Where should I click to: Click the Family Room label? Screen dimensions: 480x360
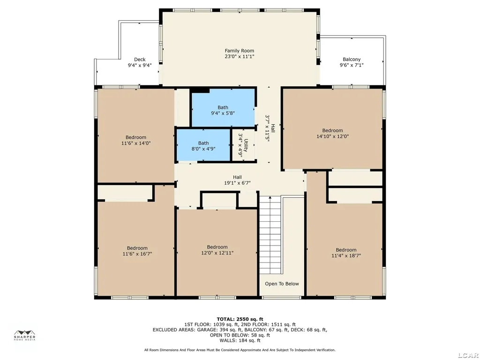click(x=240, y=51)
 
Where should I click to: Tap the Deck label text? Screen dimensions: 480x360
click(x=140, y=60)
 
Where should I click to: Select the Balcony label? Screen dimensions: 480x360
click(x=352, y=60)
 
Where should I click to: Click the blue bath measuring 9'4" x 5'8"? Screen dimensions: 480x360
click(x=223, y=107)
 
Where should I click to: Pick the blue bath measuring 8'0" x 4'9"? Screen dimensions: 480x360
click(x=203, y=145)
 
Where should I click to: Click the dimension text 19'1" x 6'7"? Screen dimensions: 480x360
click(x=237, y=183)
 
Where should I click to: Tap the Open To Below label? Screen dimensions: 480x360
click(x=282, y=284)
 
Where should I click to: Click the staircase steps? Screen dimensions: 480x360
click(x=270, y=235)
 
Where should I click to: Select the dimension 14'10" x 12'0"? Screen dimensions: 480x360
click(x=332, y=136)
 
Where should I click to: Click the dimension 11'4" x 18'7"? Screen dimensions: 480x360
click(x=346, y=255)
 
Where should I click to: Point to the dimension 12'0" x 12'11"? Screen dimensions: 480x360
click(x=217, y=253)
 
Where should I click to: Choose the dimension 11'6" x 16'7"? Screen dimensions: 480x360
click(x=137, y=254)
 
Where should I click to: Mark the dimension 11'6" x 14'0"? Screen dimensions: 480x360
click(x=136, y=143)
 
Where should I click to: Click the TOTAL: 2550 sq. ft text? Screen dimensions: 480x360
click(x=240, y=319)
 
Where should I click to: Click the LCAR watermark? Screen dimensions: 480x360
click(x=469, y=355)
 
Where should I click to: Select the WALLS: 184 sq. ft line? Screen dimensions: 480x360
click(x=240, y=340)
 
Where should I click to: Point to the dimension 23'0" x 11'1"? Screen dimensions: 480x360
click(x=240, y=56)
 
